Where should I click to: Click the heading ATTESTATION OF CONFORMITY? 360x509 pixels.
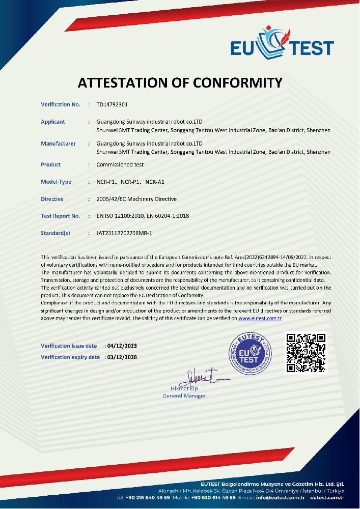coord(180,82)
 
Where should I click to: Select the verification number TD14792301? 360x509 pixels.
coord(112,105)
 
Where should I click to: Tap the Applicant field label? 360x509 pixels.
coord(53,122)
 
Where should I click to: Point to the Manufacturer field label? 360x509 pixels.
coord(58,144)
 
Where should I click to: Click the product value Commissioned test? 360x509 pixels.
coord(120,165)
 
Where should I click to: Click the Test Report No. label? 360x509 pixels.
coord(61,216)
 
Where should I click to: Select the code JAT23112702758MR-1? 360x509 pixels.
coord(124,233)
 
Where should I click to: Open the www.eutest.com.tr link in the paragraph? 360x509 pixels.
coord(260,318)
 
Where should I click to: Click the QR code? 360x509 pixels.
coord(305,352)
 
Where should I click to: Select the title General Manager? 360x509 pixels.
coord(184,396)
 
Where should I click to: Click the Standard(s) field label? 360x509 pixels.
coord(55,233)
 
